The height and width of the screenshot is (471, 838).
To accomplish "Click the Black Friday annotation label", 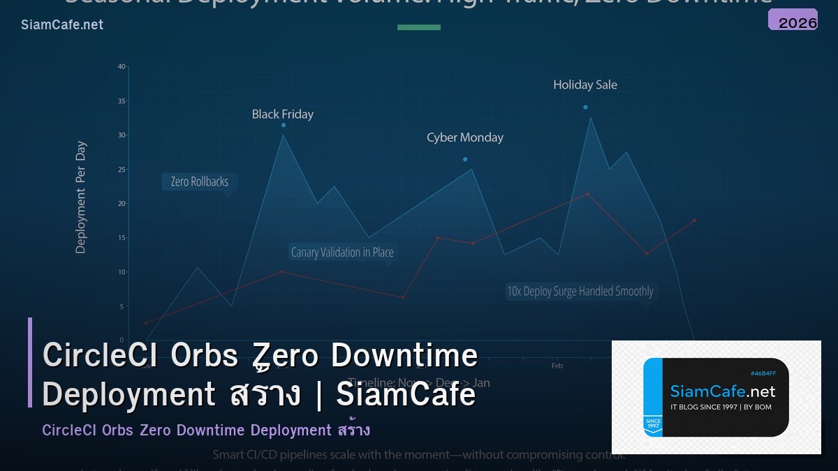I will pos(283,114).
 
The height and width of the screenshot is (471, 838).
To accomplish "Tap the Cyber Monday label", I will pos(464,137).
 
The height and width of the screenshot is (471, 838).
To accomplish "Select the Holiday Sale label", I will pos(585,84).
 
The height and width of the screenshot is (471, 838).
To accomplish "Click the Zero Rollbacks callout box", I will pos(200,181).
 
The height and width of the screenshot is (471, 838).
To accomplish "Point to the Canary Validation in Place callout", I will pos(342,252).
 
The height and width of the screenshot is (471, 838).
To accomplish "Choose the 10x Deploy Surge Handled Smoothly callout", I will pos(580,291).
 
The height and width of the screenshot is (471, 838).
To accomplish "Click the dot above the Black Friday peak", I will pos(284,125).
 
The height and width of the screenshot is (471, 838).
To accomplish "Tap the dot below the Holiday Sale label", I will pos(585,107).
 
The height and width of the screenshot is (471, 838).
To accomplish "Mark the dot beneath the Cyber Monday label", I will pos(465,159).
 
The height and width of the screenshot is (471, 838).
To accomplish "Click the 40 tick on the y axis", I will pos(122,67).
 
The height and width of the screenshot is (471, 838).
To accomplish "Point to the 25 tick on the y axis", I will pos(122,170).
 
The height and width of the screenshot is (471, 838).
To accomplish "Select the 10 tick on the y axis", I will pos(122,272).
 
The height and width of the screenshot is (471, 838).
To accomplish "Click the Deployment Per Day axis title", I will pos(81,197).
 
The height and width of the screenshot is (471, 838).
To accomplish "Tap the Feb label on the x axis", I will pos(557,366).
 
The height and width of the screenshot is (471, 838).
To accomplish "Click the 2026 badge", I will pos(793,21).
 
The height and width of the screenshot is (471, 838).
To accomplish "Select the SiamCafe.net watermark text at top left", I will pos(62,25).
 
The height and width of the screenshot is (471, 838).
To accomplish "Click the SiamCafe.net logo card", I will pos(716,397).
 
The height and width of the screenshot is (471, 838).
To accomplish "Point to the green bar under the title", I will pos(419,27).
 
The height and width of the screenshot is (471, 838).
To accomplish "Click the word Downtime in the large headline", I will pos(404,356).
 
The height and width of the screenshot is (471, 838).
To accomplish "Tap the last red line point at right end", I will pos(694,220).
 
